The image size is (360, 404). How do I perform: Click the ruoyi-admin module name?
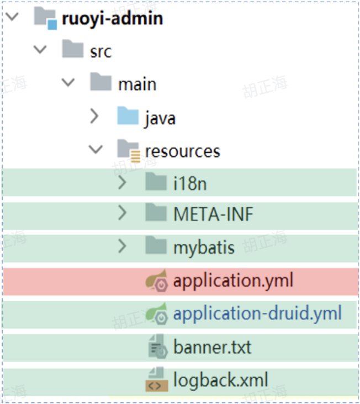click(112, 18)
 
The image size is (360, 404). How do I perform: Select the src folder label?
click(100, 51)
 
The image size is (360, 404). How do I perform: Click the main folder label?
click(137, 84)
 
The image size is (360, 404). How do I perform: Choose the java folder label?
click(160, 117)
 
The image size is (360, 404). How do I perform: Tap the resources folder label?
click(182, 150)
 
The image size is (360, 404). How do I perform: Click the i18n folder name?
click(190, 183)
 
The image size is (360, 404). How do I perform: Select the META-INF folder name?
click(213, 214)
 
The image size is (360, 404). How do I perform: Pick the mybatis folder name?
click(204, 247)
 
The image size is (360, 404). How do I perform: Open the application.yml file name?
click(233, 281)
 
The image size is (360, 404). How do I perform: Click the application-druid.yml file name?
click(257, 313)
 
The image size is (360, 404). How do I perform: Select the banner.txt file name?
click(212, 347)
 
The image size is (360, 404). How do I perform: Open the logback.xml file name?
click(220, 380)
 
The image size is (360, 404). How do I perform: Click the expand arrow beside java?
click(94, 116)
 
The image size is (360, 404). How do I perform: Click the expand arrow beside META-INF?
click(122, 214)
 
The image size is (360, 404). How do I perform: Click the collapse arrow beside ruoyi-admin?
click(12, 17)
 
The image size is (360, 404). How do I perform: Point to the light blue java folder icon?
click(128, 116)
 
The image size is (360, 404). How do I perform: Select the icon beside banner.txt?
click(157, 347)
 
